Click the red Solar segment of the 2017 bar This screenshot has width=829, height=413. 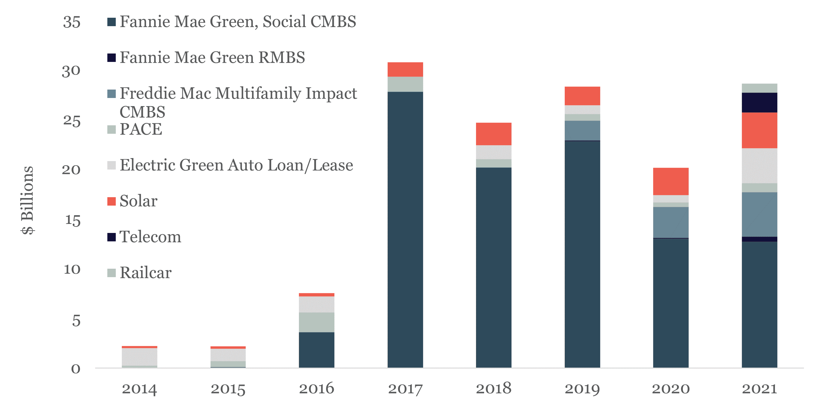point(405,69)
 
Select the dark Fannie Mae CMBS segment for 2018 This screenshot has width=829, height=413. point(493,267)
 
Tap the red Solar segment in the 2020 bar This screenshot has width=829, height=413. point(671,181)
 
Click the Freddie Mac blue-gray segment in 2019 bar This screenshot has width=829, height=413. point(582,130)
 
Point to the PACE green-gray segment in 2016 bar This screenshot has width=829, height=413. point(316,322)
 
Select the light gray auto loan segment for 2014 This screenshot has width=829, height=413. point(139,356)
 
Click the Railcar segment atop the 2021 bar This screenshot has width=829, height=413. point(759,88)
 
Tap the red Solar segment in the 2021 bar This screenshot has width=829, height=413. point(759,130)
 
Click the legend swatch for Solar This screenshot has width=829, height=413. point(111,201)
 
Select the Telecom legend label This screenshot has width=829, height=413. point(150,237)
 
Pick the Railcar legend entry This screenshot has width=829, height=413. point(146,273)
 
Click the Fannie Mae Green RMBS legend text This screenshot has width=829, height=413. point(212,58)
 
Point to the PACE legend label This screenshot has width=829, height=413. point(141,129)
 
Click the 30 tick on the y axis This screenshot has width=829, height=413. point(71,71)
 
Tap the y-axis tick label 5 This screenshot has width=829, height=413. point(76,321)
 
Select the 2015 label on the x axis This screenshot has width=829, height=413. point(228,389)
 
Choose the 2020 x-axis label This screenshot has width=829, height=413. point(671,389)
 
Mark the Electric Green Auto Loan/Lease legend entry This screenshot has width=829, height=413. point(236,165)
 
